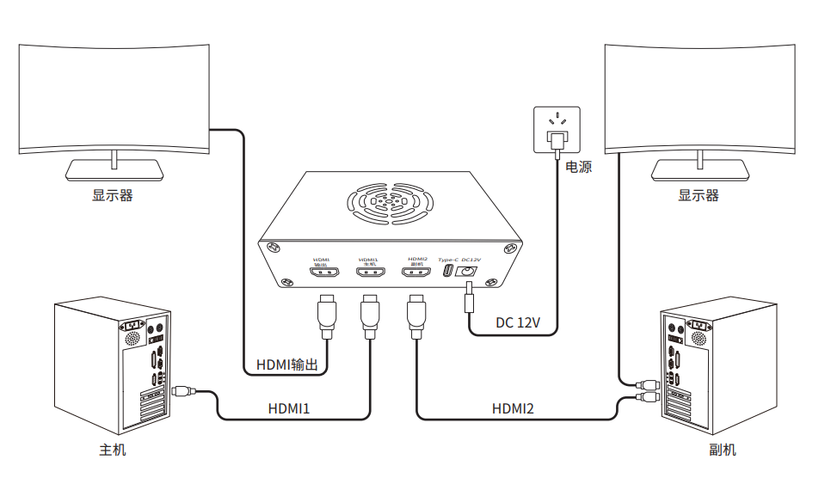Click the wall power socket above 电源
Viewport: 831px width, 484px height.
click(557, 129)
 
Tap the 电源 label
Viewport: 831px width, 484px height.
click(578, 167)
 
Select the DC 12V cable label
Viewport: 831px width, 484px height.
click(518, 323)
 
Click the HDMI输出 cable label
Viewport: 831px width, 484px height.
click(287, 365)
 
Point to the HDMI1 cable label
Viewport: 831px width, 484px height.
click(289, 408)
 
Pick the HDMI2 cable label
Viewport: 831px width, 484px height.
click(513, 408)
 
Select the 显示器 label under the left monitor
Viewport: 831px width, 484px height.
click(113, 195)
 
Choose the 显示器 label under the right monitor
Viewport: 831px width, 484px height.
click(699, 195)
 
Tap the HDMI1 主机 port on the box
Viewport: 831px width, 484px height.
click(370, 273)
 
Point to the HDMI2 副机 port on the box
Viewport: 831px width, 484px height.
click(417, 273)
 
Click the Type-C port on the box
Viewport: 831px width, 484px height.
click(447, 272)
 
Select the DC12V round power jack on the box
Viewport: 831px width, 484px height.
click(469, 272)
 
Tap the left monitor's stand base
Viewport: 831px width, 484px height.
click(114, 170)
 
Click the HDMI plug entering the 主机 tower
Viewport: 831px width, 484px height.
click(182, 391)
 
